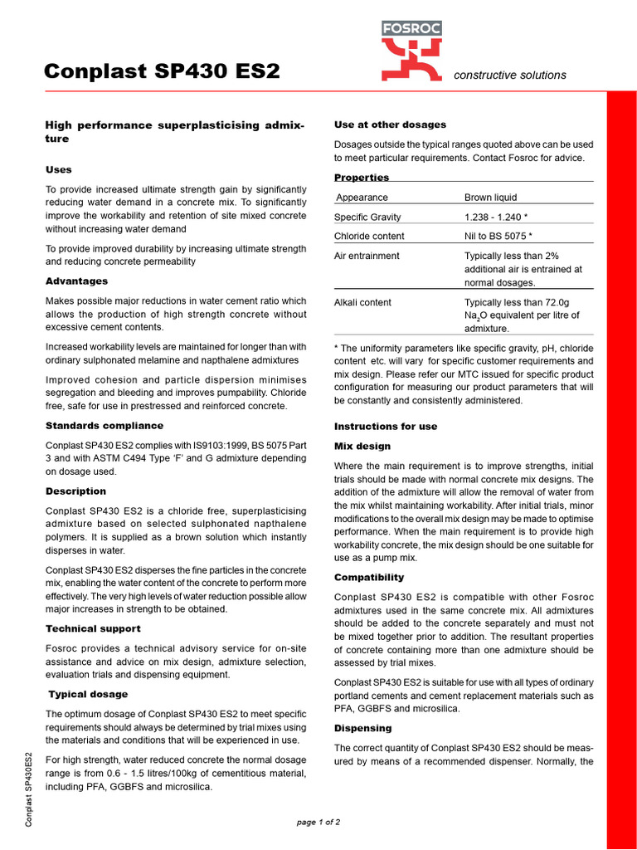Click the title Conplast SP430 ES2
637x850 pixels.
162,72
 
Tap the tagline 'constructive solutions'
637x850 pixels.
510,75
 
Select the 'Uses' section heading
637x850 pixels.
59,169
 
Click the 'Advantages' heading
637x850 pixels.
76,281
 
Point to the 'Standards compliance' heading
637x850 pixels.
105,426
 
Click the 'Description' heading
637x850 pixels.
75,491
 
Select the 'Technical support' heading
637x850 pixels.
93,628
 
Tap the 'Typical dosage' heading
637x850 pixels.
88,694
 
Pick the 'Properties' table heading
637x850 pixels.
362,178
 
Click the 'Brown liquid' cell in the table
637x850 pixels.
490,198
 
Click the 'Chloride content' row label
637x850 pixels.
369,236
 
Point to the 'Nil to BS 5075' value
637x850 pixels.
498,236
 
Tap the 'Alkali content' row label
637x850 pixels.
362,302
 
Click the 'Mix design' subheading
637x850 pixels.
362,446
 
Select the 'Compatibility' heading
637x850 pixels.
369,577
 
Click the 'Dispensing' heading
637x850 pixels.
362,728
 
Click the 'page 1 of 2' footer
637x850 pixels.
318,822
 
